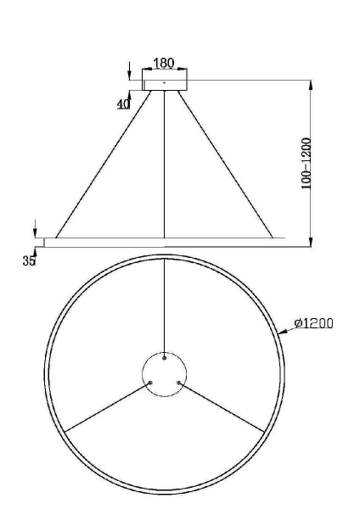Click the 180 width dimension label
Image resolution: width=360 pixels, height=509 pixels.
tap(165, 64)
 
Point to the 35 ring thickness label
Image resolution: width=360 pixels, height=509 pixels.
tap(29, 261)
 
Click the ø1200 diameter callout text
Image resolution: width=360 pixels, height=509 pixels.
tap(313, 323)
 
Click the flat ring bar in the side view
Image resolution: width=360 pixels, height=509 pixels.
tap(165, 242)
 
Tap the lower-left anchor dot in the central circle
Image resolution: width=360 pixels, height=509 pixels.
tap(150, 382)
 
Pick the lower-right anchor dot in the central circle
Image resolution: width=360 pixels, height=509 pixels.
tap(177, 382)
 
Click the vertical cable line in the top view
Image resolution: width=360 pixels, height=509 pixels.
tap(164, 305)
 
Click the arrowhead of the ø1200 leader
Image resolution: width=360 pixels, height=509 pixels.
tap(283, 333)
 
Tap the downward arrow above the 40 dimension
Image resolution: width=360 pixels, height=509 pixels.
tap(128, 71)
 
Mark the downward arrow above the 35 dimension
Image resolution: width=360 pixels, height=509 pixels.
tap(35, 229)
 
